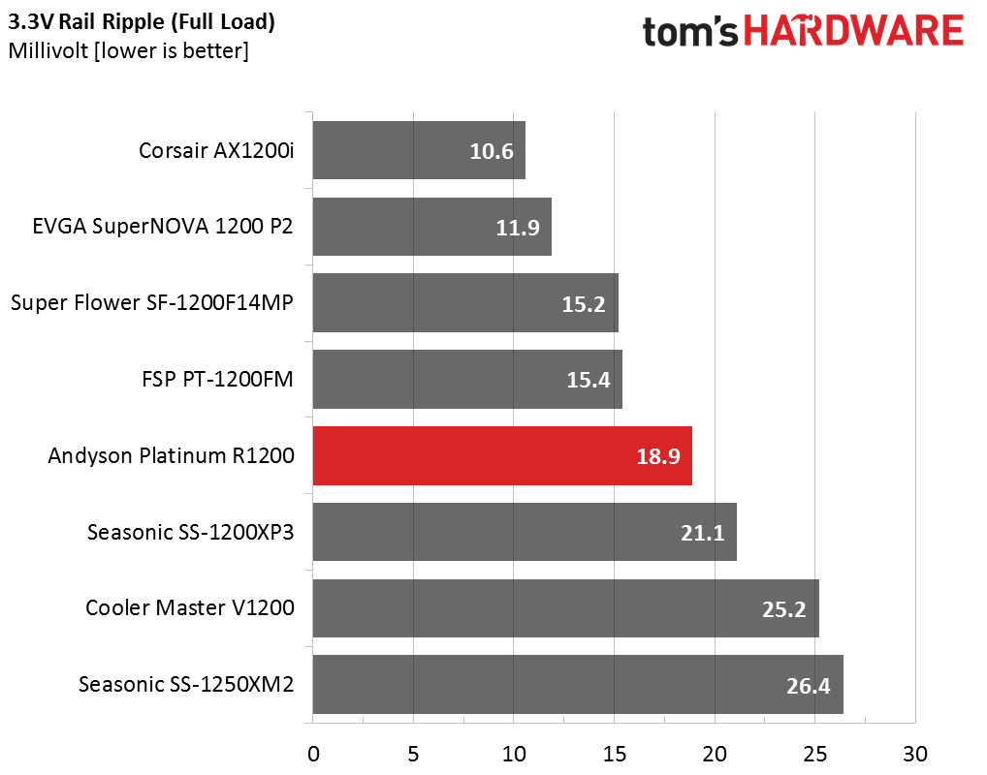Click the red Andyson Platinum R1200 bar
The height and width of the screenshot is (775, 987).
502,455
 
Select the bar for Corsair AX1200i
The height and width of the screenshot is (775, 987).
419,150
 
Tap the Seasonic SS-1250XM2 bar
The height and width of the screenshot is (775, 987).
578,684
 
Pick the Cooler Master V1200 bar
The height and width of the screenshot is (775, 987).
565,608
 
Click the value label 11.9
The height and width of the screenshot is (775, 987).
514,228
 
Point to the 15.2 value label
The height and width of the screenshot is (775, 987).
583,304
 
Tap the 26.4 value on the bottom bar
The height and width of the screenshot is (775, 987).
808,686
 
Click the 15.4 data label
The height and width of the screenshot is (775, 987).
588,380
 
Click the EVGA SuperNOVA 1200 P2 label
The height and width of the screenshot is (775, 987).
162,227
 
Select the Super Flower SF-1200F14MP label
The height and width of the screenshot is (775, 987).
152,303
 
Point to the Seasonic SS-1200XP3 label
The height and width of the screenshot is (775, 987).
190,532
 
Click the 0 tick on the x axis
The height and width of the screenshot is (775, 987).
313,754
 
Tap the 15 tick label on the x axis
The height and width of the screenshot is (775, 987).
614,754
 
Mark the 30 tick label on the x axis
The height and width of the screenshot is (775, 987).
914,754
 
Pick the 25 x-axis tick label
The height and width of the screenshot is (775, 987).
814,754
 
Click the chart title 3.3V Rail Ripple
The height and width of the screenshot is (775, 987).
142,21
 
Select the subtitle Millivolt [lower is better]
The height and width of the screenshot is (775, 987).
128,50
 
